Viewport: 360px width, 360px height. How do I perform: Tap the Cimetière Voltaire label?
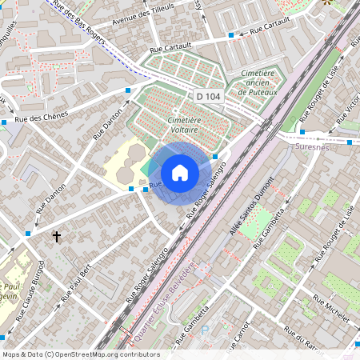click(183, 124)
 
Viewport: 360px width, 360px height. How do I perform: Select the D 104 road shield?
click(208, 96)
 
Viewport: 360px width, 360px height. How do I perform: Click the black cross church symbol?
click(57, 237)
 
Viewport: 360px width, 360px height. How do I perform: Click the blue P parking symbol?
click(203, 328)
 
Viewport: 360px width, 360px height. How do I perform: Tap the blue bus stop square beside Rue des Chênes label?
click(5, 122)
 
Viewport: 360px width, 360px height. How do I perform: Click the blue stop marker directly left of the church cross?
click(28, 234)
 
